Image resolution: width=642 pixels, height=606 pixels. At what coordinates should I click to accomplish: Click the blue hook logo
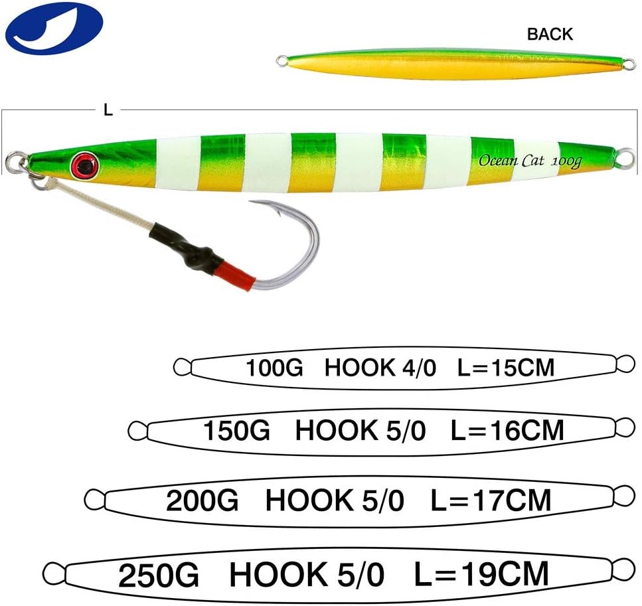pyautogui.click(x=54, y=29)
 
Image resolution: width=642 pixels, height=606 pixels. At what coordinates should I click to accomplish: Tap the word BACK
pyautogui.click(x=550, y=34)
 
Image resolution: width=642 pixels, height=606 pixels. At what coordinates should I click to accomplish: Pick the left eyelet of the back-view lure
pyautogui.click(x=281, y=62)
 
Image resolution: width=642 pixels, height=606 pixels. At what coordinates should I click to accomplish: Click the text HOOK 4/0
pyautogui.click(x=380, y=367)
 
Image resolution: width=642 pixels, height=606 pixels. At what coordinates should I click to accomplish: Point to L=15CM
pyautogui.click(x=506, y=367)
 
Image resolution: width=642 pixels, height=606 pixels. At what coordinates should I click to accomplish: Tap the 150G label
pyautogui.click(x=236, y=431)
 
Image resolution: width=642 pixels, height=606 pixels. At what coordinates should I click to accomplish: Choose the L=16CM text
pyautogui.click(x=507, y=431)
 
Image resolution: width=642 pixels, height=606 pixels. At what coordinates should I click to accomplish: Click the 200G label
pyautogui.click(x=202, y=500)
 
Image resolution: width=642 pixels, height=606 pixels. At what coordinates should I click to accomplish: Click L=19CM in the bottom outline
pyautogui.click(x=482, y=573)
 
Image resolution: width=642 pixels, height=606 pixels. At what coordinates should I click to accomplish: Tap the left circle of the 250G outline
pyautogui.click(x=53, y=571)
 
